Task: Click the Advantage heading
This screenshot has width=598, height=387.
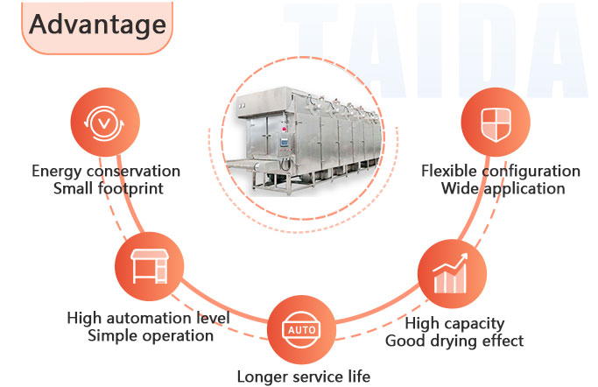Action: [x=96, y=25]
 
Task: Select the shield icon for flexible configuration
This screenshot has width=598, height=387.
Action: [x=495, y=123]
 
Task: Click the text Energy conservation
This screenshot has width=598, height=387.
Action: [x=106, y=171]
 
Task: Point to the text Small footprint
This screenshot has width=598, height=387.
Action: [x=106, y=187]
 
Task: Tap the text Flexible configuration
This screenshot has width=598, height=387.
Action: [x=501, y=171]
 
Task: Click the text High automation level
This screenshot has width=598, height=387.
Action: [x=149, y=318]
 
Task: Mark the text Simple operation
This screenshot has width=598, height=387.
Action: [x=149, y=334]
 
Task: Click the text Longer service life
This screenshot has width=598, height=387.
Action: [x=304, y=376]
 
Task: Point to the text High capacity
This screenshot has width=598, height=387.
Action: [x=454, y=323]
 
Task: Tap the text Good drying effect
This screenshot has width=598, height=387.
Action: [x=454, y=340]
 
